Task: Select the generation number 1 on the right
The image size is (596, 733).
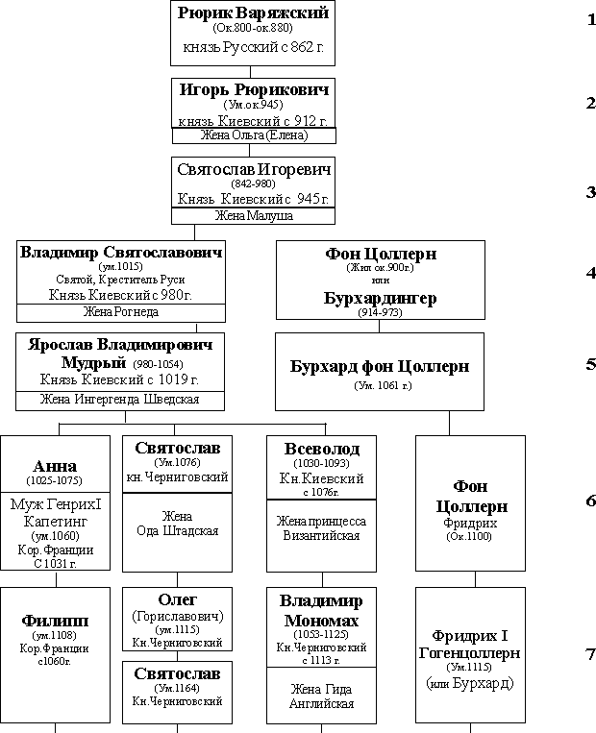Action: click(591, 19)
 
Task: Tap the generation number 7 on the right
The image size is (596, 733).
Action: click(591, 655)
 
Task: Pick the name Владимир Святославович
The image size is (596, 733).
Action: click(121, 252)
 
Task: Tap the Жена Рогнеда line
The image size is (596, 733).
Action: click(121, 312)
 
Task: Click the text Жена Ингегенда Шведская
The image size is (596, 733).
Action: click(120, 400)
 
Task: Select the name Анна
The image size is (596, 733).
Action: click(55, 468)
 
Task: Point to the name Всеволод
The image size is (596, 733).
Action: click(322, 449)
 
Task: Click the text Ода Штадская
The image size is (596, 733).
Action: click(177, 531)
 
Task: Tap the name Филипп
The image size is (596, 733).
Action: click(55, 621)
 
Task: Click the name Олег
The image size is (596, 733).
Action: click(178, 600)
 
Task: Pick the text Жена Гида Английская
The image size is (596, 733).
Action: click(322, 696)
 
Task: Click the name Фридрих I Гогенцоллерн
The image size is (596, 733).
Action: click(470, 645)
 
